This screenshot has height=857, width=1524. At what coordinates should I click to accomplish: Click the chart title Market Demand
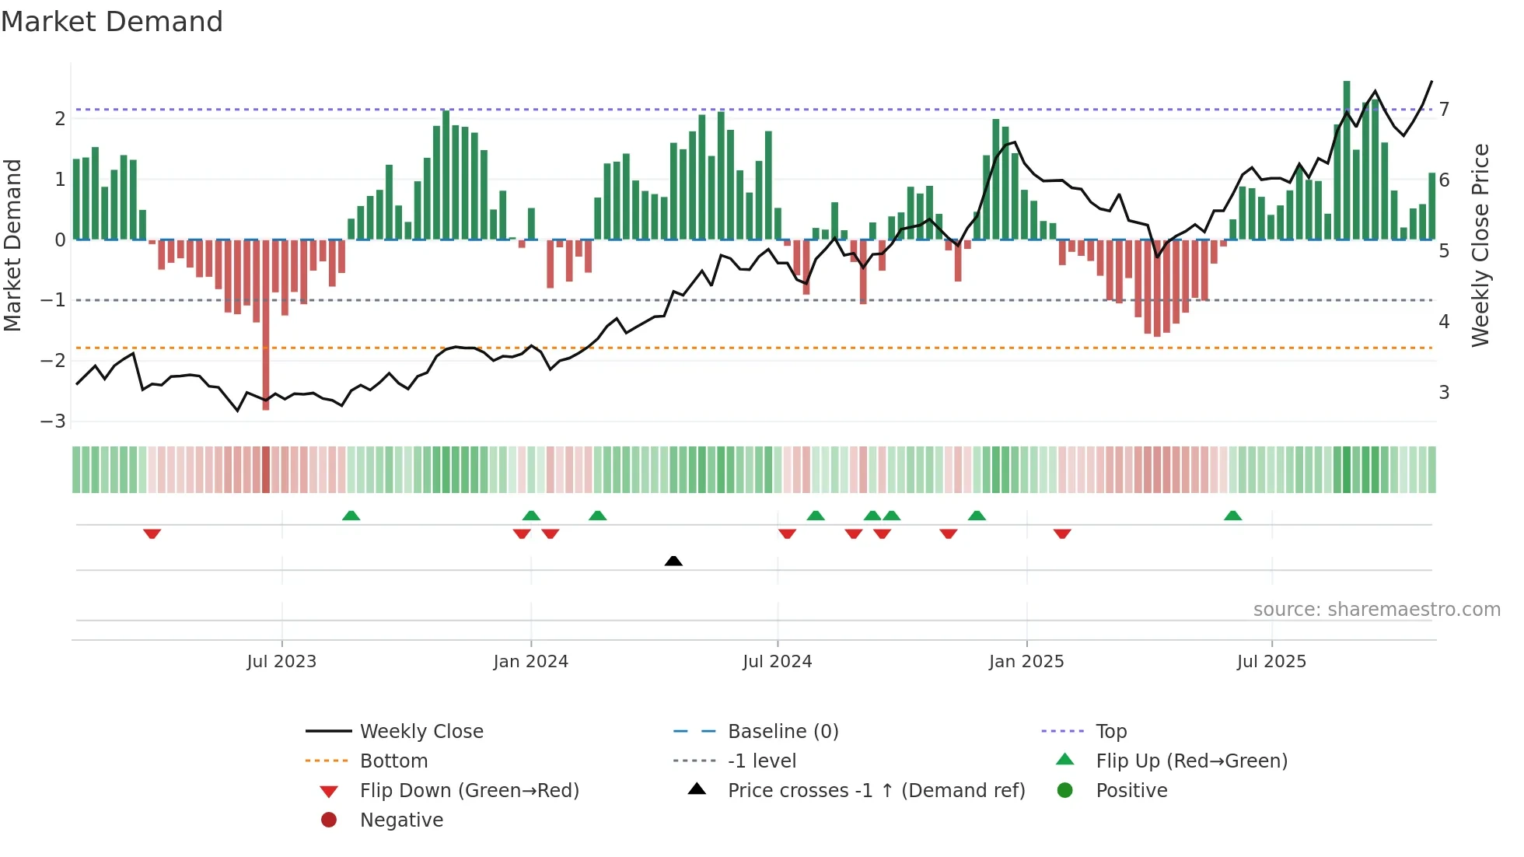tap(112, 21)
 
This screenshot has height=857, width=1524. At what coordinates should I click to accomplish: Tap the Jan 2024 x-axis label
tap(530, 662)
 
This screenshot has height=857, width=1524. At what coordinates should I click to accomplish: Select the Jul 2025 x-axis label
tap(1271, 662)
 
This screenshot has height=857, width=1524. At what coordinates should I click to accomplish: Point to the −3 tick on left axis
tap(53, 422)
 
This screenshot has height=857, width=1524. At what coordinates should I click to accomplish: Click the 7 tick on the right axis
tap(1444, 109)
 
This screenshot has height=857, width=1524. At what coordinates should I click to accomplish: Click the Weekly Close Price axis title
tap(1480, 245)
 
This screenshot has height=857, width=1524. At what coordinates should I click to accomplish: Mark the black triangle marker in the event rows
tap(673, 561)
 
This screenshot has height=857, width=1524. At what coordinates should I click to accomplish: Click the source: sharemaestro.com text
tap(1376, 610)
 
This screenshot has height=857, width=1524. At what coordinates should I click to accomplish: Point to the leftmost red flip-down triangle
tap(152, 533)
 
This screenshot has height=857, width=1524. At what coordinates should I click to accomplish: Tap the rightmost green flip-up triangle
tap(1232, 516)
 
